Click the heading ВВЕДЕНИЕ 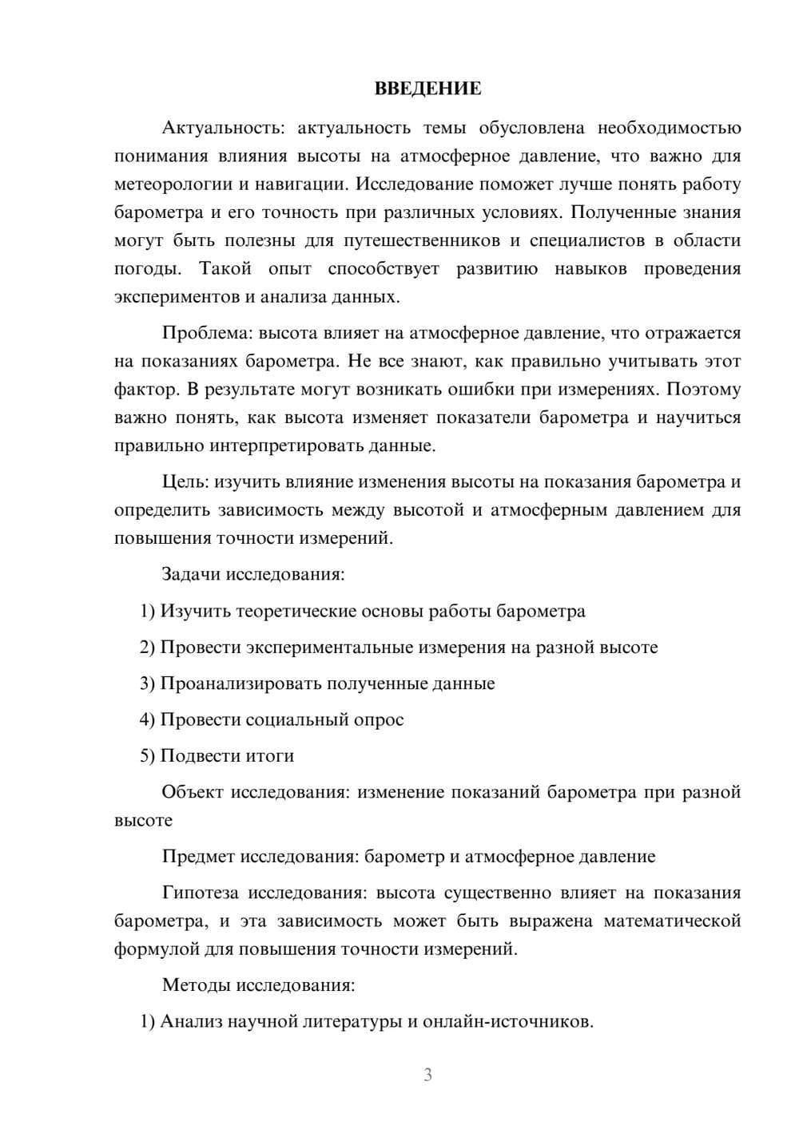427,89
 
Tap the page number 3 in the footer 427,1075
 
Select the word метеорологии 173,184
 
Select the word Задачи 192,574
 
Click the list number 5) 148,755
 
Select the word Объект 192,792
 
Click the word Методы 196,984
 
